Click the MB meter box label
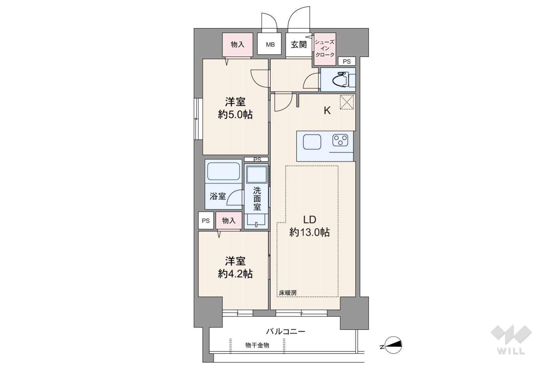click(x=270, y=45)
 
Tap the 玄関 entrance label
click(x=299, y=44)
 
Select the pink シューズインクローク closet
click(x=325, y=49)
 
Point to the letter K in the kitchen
click(x=327, y=110)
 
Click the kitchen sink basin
click(x=312, y=142)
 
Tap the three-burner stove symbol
click(x=340, y=140)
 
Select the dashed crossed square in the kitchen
click(x=347, y=102)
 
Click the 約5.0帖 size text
click(x=235, y=115)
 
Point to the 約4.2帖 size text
click(x=235, y=274)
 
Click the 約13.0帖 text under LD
click(x=310, y=232)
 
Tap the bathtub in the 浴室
click(x=223, y=171)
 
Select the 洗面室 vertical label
click(x=257, y=199)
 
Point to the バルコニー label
click(x=286, y=332)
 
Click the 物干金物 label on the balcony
click(x=257, y=345)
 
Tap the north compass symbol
click(x=393, y=345)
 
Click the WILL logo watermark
click(x=511, y=340)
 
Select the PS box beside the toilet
click(x=347, y=61)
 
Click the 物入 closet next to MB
click(x=237, y=45)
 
